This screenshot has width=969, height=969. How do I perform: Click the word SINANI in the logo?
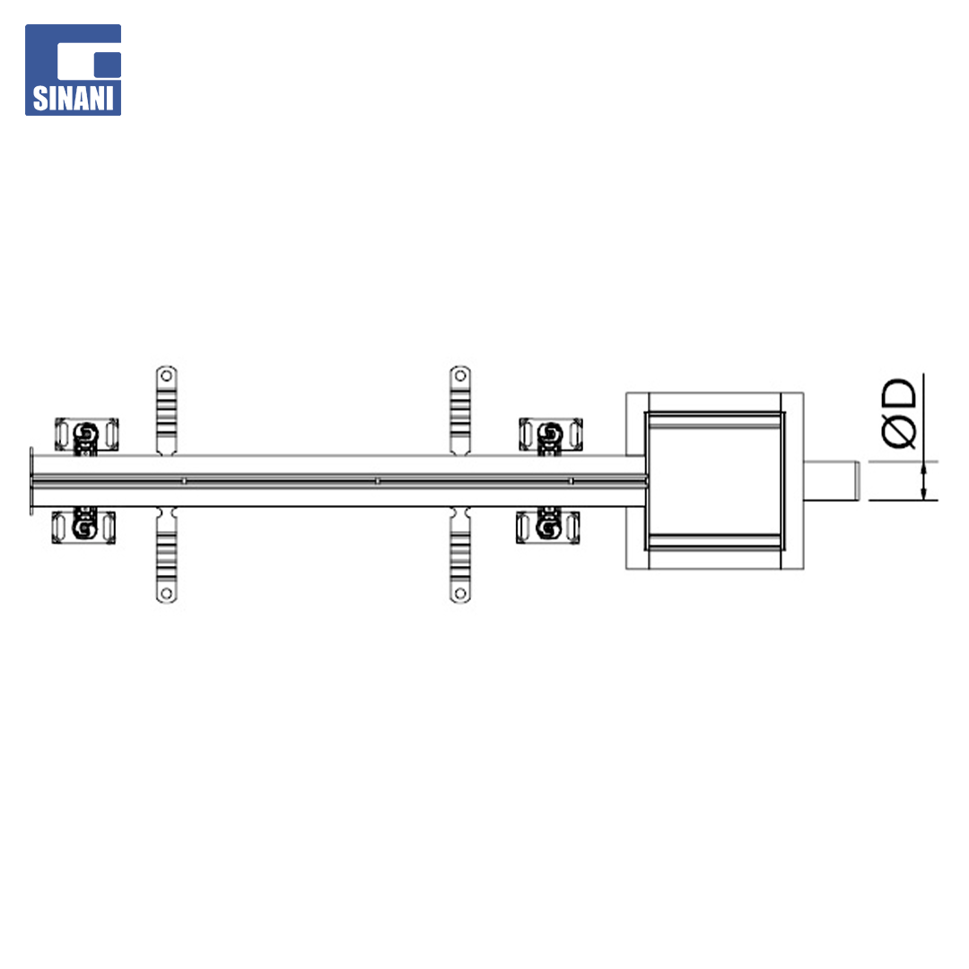(x=73, y=99)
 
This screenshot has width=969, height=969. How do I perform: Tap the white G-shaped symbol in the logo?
(x=89, y=60)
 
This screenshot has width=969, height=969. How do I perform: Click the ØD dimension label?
(x=898, y=412)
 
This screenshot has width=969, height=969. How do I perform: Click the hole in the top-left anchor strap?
(x=166, y=376)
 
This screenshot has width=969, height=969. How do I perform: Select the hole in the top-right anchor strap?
(x=459, y=376)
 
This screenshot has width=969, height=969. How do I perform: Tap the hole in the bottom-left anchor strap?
(x=166, y=593)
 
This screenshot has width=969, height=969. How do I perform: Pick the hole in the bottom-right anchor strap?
(x=459, y=593)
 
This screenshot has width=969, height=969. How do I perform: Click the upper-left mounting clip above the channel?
(x=86, y=435)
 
